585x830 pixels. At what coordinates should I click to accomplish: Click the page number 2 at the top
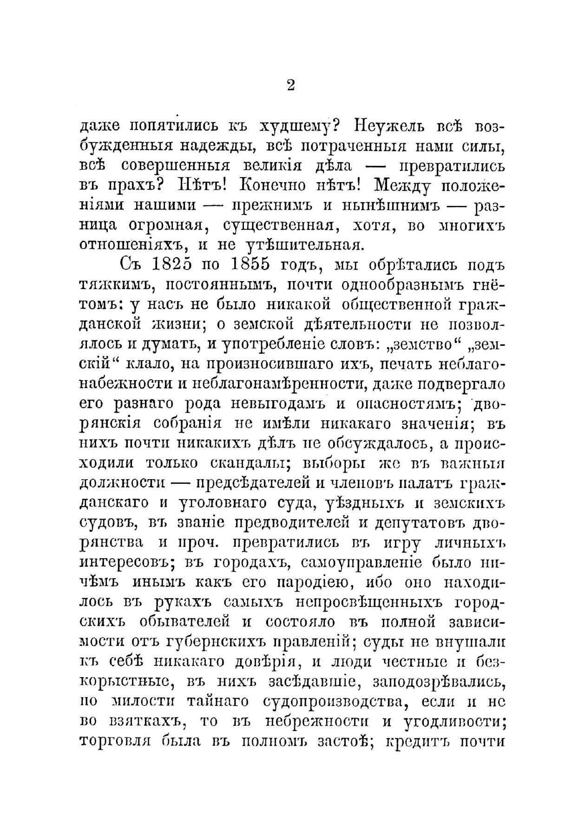coord(291,86)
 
